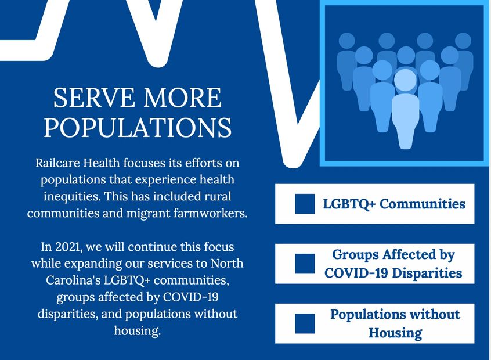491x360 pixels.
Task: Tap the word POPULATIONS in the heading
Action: [x=138, y=128]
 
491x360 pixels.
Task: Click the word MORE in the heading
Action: [x=183, y=98]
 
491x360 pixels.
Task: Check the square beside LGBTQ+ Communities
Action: [x=305, y=204]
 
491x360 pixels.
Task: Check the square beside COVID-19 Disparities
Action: [x=305, y=264]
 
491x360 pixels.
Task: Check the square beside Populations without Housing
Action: [x=305, y=323]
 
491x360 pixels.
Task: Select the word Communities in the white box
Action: [x=423, y=204]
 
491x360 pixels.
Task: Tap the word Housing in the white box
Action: [x=395, y=333]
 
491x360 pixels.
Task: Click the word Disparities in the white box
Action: [x=427, y=273]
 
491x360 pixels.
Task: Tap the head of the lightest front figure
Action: [x=406, y=80]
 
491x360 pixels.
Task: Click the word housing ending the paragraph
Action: [x=137, y=331]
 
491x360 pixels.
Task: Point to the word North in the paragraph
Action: [x=227, y=264]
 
